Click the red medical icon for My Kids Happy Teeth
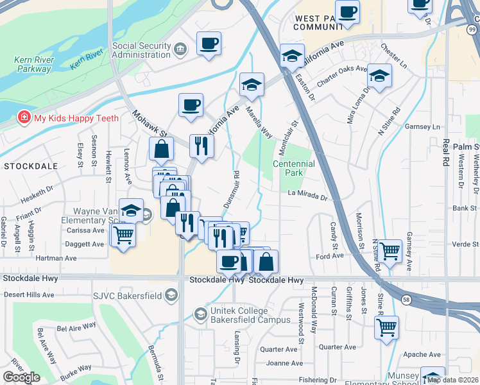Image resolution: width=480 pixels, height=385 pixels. click(x=24, y=118)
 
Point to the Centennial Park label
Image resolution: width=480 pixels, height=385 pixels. click(x=294, y=168)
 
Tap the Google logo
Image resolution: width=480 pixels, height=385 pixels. click(x=21, y=378)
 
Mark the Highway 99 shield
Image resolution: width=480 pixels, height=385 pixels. click(x=472, y=30)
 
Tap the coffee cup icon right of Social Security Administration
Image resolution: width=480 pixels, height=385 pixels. click(x=209, y=44)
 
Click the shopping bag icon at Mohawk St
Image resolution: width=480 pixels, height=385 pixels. click(x=162, y=149)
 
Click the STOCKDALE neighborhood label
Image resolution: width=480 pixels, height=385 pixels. click(x=30, y=166)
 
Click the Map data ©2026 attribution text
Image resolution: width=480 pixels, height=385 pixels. click(x=453, y=379)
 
